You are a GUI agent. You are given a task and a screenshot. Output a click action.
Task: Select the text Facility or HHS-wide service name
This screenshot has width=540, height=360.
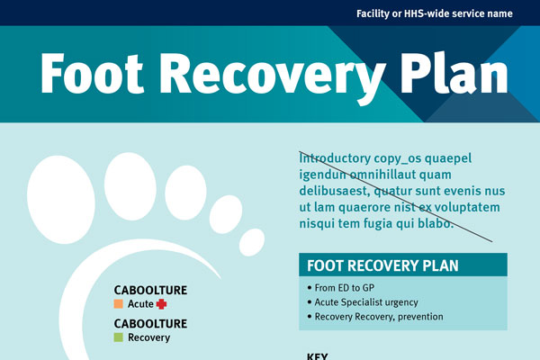pyautogui.click(x=435, y=13)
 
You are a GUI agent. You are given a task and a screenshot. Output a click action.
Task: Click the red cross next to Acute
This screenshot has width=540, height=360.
pyautogui.click(x=162, y=305)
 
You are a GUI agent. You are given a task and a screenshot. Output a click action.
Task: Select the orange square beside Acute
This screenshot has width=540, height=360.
pyautogui.click(x=118, y=305)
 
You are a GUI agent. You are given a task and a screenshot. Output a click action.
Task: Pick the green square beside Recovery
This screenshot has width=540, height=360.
pyautogui.click(x=118, y=337)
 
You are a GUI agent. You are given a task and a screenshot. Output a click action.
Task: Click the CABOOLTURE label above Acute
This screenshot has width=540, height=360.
pyautogui.click(x=150, y=291)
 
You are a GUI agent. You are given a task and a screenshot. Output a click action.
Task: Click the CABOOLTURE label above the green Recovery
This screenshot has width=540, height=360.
pyautogui.click(x=150, y=323)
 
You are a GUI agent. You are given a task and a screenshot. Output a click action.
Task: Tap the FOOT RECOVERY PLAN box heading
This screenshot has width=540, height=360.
pyautogui.click(x=382, y=265)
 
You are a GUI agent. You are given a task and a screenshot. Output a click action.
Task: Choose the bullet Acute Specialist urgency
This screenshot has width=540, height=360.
pyautogui.click(x=365, y=302)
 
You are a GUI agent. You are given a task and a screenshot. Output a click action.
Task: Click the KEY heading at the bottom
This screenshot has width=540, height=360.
pyautogui.click(x=317, y=355)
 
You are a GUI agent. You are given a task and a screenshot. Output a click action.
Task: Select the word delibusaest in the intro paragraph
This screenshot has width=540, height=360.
pyautogui.click(x=334, y=192)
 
